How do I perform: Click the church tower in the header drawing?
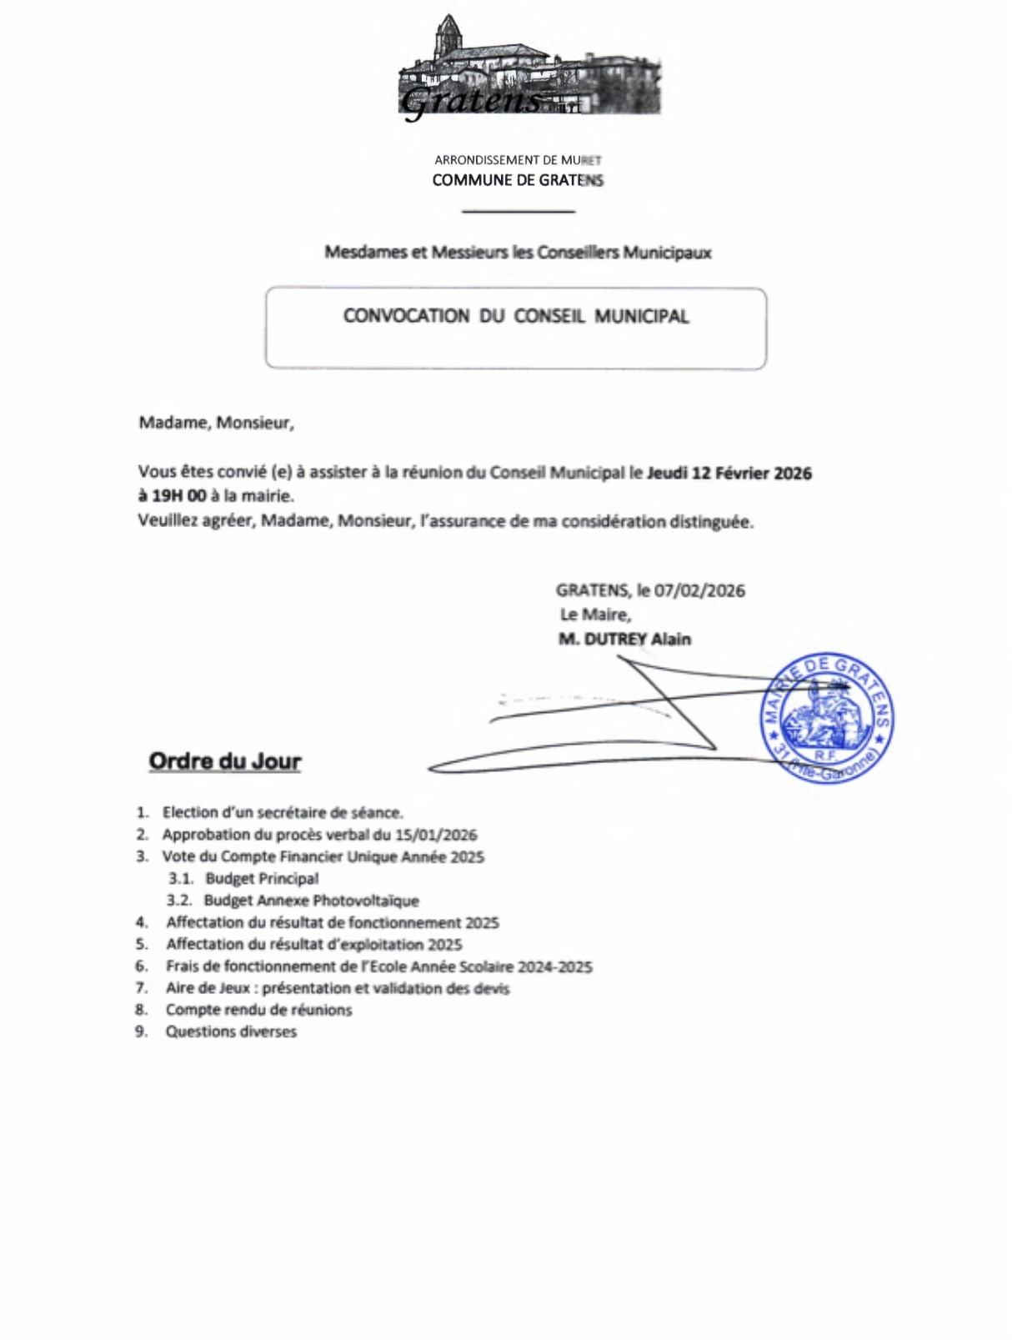[448, 38]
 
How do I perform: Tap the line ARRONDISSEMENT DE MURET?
[517, 159]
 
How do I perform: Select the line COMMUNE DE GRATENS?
[517, 180]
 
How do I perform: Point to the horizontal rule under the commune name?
[518, 212]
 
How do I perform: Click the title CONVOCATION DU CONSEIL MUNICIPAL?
[516, 316]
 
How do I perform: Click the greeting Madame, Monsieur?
[216, 422]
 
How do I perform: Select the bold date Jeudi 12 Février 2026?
[729, 473]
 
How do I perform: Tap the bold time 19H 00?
[178, 495]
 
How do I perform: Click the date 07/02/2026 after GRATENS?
[699, 590]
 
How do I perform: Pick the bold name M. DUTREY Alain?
[624, 640]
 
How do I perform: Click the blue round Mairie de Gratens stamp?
[826, 718]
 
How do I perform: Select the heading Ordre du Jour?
[224, 761]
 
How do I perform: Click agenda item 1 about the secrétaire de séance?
[283, 812]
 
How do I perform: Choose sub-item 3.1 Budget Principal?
[262, 878]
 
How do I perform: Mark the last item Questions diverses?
[231, 1031]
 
